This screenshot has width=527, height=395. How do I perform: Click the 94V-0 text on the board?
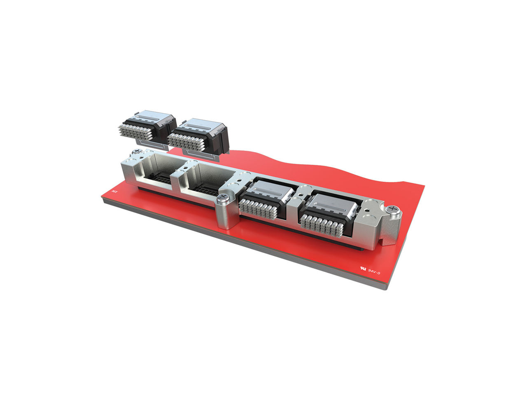[x=375, y=271]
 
